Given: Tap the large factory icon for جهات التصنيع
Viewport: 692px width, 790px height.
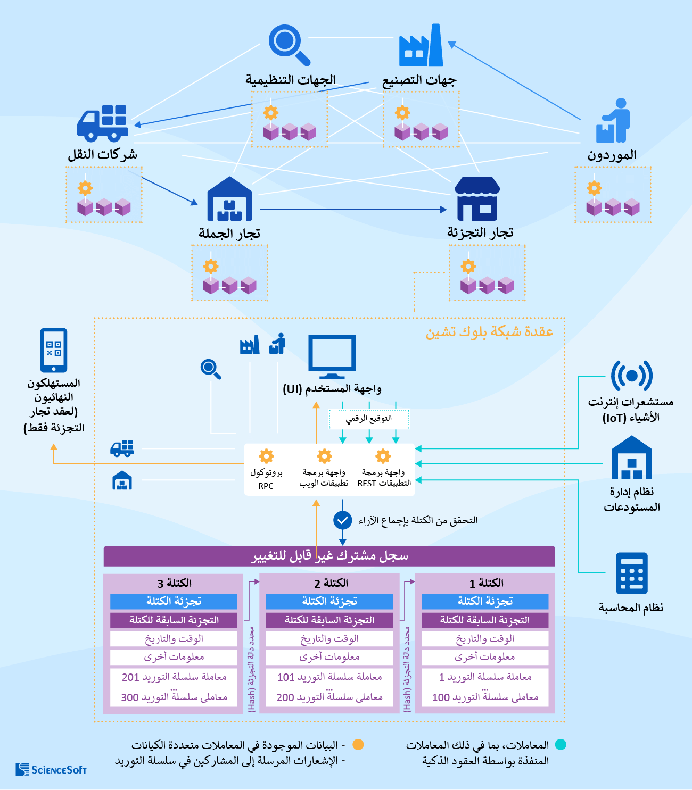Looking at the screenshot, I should pos(421,46).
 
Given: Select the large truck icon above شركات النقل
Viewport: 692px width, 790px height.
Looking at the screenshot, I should pos(102,123).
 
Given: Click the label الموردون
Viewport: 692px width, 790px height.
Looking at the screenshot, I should pos(612,155).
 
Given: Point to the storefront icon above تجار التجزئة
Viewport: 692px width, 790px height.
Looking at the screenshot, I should pos(477,199).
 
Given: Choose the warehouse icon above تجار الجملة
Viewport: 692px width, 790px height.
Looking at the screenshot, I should pos(229,199).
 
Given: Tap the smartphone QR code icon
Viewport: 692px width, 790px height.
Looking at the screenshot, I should pos(54,350).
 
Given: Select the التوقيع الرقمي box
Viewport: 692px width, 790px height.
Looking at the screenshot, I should pos(369,419).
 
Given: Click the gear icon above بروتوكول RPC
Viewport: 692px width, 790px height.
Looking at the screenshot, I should pos(266,456).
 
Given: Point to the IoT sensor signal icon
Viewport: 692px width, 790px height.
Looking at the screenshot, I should pos(631,376).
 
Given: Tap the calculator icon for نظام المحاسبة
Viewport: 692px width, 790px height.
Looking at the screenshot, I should pos(632,573).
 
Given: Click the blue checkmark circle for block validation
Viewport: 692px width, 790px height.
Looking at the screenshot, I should pos(342,520).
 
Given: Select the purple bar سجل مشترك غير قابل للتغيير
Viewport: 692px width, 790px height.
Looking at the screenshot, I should pos(329,556).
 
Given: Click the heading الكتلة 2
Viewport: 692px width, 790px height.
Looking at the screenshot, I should pos(331,583).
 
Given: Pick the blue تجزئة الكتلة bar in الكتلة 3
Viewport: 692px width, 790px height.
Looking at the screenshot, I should pos(174,602).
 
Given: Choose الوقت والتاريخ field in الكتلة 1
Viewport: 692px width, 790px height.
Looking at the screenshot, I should pos(484,639).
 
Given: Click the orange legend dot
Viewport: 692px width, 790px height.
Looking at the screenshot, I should pos(358,745).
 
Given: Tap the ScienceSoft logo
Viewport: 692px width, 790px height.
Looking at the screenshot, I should pos(51,769).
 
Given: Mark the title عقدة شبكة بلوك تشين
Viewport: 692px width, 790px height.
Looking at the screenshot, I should pos(489,332).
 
